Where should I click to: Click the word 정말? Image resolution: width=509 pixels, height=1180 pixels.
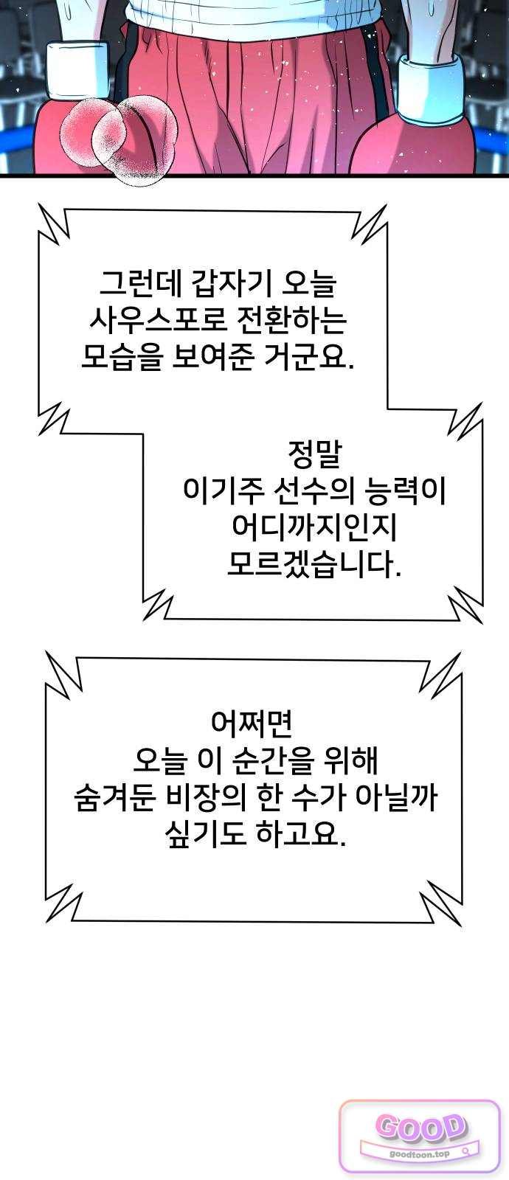click(314, 454)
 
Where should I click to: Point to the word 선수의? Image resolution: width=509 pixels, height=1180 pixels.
click(314, 490)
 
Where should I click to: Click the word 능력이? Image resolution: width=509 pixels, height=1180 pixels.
click(405, 490)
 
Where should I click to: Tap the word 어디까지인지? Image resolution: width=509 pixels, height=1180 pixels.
click(314, 527)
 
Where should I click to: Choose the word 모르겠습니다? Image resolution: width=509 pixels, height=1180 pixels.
click(314, 564)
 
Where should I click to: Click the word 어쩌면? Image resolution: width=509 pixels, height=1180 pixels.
click(252, 723)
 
